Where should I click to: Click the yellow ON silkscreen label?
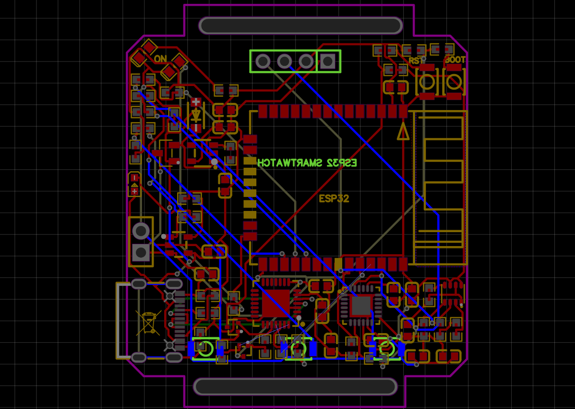click(160, 59)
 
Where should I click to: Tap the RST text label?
click(416, 61)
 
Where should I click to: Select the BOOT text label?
click(455, 60)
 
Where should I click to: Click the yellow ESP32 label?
click(334, 198)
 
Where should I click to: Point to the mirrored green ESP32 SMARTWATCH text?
click(307, 163)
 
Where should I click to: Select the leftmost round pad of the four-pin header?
click(263, 62)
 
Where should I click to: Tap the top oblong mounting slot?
click(300, 25)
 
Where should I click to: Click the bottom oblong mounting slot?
click(295, 386)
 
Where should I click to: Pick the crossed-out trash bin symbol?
click(148, 322)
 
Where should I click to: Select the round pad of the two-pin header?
click(141, 231)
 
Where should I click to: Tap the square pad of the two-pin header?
click(141, 252)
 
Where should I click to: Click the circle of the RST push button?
click(427, 82)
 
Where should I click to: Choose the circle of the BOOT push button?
click(454, 82)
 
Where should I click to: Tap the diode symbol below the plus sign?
click(196, 115)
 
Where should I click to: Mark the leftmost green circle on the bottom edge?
click(205, 348)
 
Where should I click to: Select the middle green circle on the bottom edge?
click(298, 348)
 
